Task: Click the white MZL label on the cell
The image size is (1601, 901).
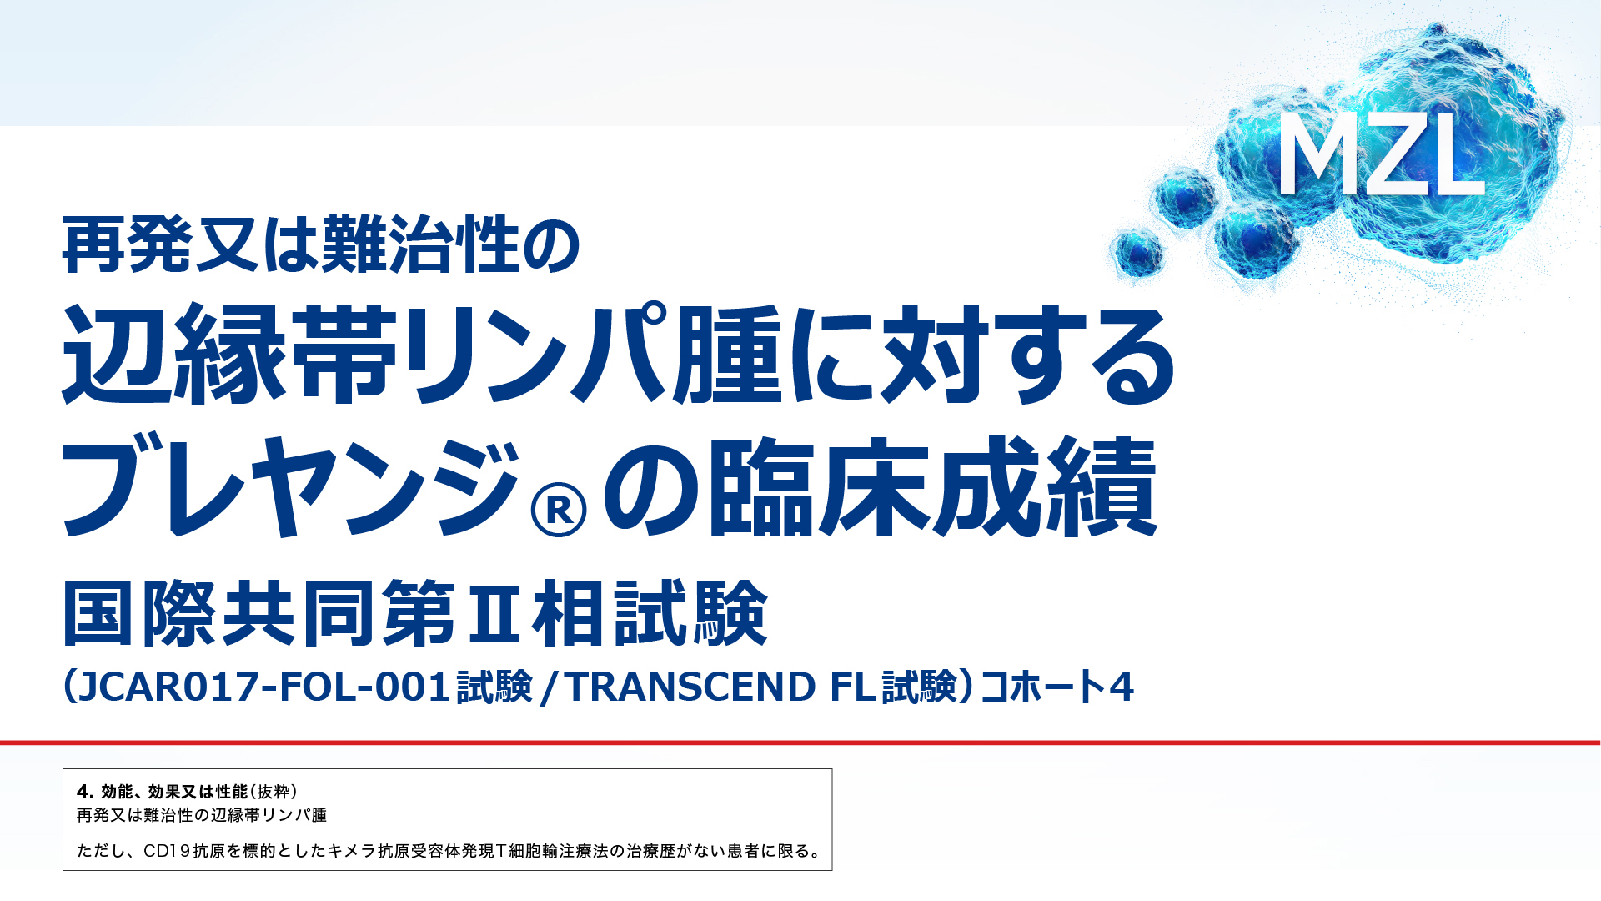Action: point(1381,155)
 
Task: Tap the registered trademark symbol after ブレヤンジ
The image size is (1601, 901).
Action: point(559,509)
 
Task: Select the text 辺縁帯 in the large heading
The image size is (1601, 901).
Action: point(230,354)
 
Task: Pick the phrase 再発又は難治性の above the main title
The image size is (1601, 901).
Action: point(321,244)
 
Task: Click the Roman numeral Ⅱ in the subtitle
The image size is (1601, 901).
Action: point(494,614)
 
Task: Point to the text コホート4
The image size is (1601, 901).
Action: point(1057,687)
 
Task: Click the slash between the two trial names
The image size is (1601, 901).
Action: point(548,687)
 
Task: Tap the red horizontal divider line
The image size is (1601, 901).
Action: point(800,742)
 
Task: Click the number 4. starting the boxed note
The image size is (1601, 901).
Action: point(85,792)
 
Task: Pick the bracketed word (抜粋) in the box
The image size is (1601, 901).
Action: point(274,792)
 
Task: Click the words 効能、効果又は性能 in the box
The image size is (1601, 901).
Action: point(174,792)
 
